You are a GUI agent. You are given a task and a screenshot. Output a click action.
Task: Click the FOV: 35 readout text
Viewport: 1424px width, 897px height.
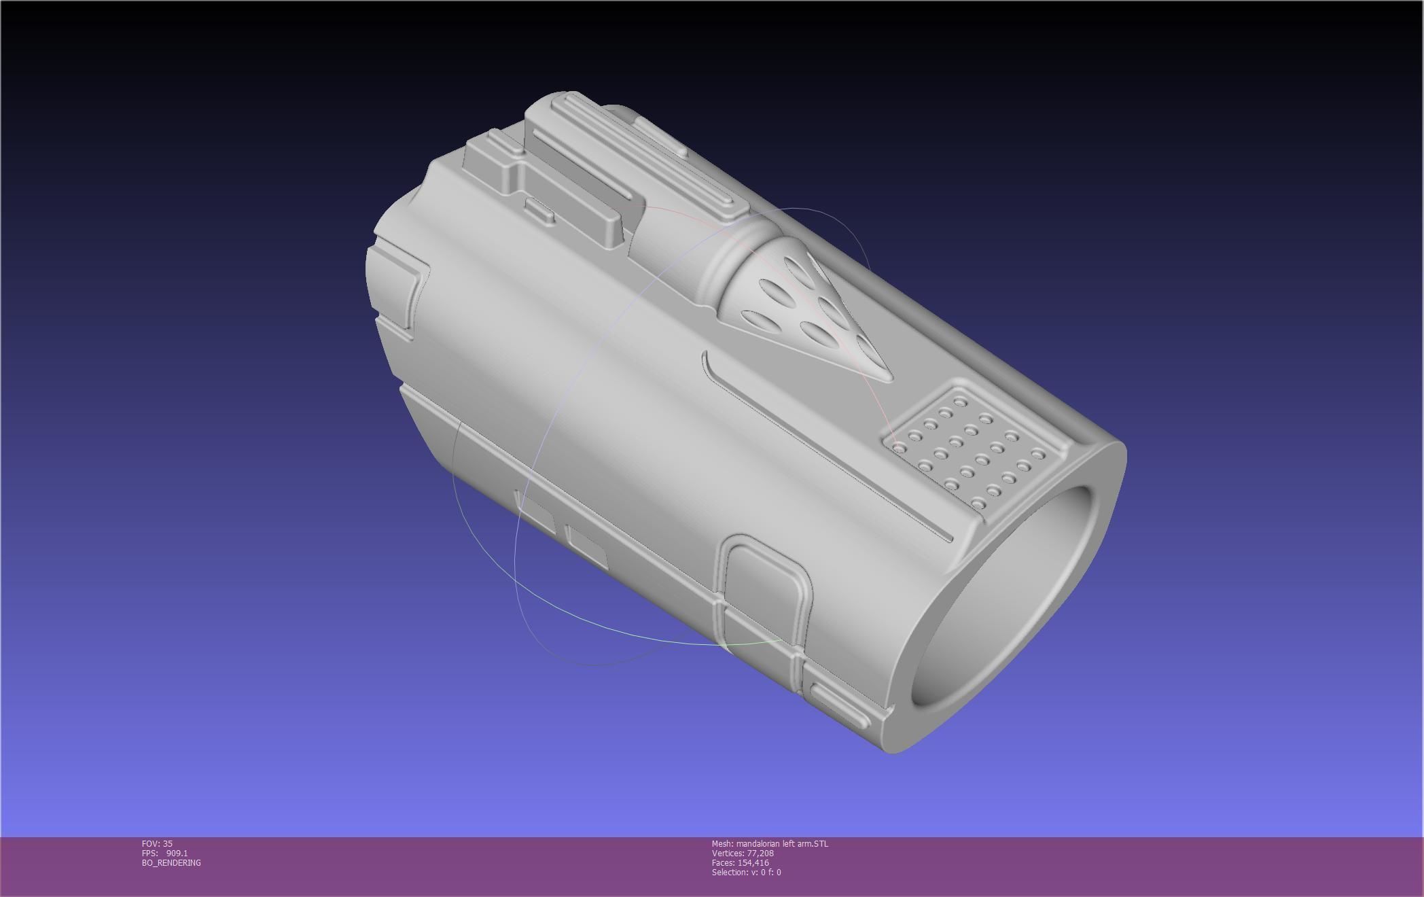click(157, 843)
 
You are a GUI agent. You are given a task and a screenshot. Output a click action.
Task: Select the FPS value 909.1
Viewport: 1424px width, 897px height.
click(177, 853)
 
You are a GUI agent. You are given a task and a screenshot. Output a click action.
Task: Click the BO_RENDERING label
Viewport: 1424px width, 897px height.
click(171, 862)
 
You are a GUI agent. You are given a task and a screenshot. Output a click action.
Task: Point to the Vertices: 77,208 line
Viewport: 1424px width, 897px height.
click(743, 853)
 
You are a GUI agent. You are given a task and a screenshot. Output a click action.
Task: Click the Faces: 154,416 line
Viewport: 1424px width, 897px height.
click(741, 862)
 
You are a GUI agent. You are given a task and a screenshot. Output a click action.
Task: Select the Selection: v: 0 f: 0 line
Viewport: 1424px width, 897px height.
click(746, 872)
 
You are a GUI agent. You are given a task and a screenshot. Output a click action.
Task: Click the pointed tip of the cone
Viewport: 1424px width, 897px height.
click(887, 377)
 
